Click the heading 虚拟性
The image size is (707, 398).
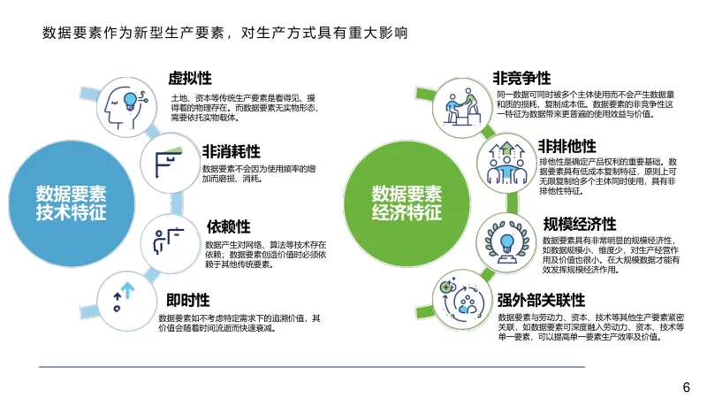pyautogui.click(x=190, y=78)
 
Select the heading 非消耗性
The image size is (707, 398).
pyautogui.click(x=231, y=149)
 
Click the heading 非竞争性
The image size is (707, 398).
pyautogui.click(x=521, y=79)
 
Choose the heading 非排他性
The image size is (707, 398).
pyautogui.click(x=566, y=146)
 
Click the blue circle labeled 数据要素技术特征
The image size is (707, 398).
pyautogui.click(x=71, y=203)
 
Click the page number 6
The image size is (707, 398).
pyautogui.click(x=686, y=387)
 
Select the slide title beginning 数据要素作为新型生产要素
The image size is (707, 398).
pyautogui.click(x=224, y=34)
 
